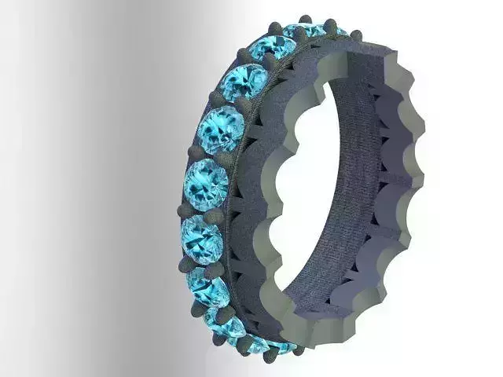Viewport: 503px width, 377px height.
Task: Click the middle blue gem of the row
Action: point(206,184)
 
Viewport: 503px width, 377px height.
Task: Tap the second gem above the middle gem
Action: point(243,84)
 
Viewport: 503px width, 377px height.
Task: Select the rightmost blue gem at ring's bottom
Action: point(283,346)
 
